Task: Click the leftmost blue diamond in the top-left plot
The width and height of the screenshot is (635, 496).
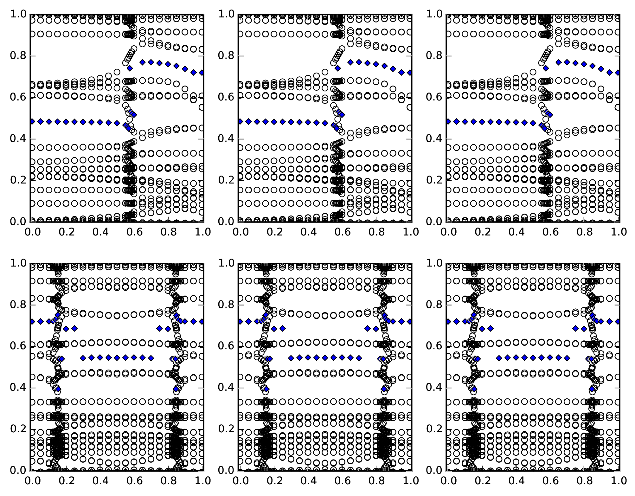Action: pyautogui.click(x=32, y=121)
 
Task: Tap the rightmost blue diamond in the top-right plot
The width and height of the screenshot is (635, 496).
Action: pyautogui.click(x=618, y=73)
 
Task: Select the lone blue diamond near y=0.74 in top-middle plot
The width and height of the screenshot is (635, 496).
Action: pyautogui.click(x=338, y=68)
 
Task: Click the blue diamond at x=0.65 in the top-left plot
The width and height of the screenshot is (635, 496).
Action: pyautogui.click(x=143, y=62)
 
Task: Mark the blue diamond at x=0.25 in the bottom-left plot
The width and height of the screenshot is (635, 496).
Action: pyautogui.click(x=74, y=328)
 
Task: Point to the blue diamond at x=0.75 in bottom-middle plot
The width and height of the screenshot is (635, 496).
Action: pyautogui.click(x=368, y=328)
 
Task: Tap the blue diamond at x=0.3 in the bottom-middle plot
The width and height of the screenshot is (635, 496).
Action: pyautogui.click(x=291, y=358)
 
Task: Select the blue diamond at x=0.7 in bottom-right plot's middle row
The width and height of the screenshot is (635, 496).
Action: pyautogui.click(x=567, y=358)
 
